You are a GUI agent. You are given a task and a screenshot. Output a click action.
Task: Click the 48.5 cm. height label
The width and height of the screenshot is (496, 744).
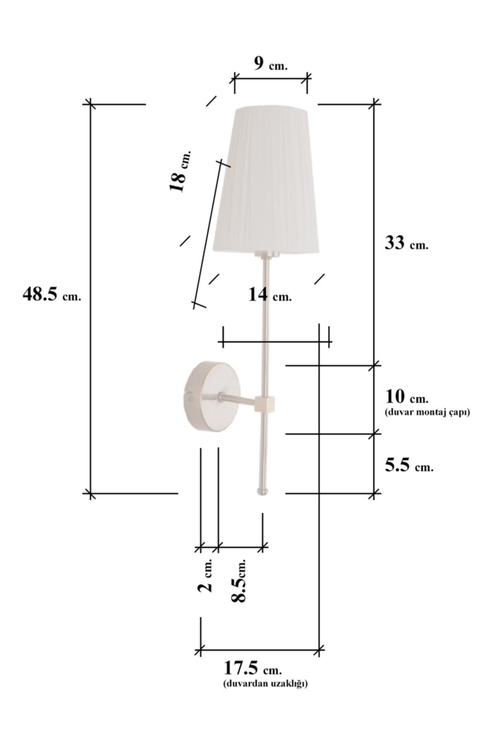52,295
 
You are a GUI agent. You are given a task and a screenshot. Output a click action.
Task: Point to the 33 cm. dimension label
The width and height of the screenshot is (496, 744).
407,243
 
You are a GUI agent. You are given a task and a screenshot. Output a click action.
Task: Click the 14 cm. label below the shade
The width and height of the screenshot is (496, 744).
270,295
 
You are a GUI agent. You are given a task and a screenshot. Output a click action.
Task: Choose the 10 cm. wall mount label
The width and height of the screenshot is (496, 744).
407,397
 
